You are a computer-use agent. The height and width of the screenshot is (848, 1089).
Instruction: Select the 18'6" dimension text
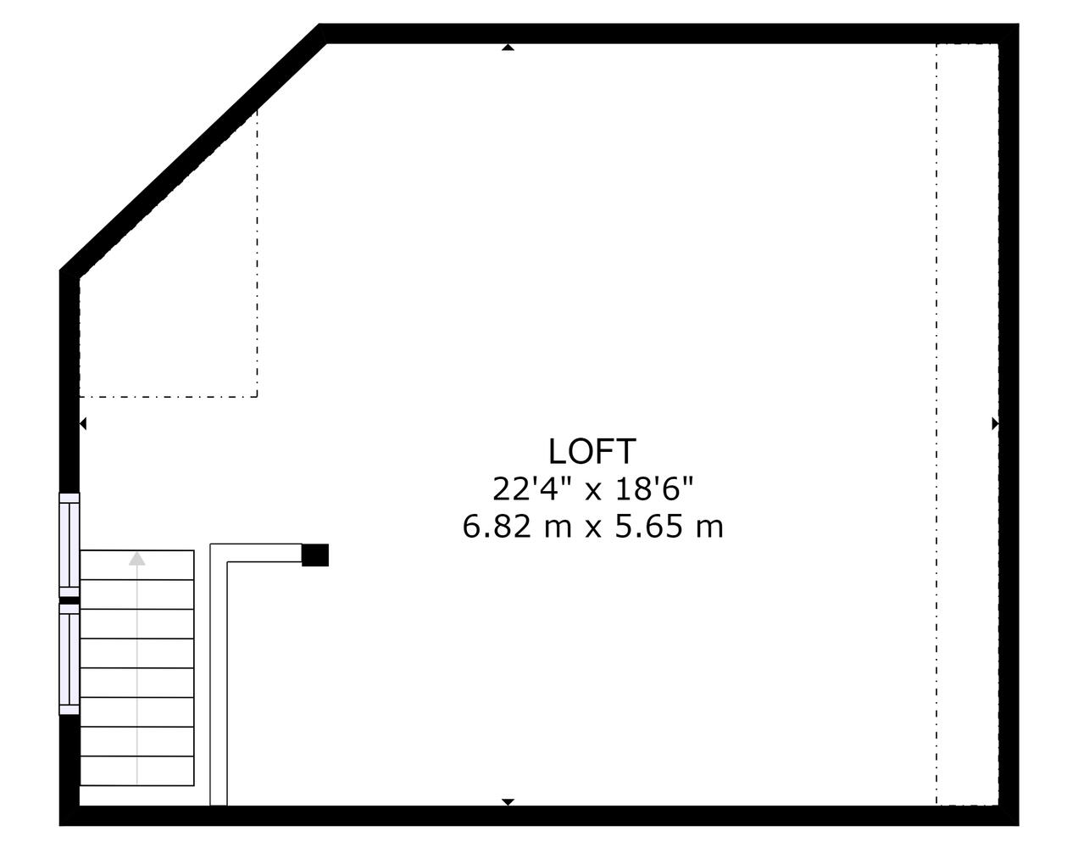click(654, 489)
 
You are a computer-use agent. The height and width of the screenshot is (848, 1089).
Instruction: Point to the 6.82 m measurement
click(517, 527)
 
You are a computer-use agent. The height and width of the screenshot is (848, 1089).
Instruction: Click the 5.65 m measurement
click(670, 527)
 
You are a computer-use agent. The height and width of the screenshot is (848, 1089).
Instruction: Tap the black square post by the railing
click(314, 555)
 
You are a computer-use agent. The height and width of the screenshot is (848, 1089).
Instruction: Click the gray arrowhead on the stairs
click(136, 559)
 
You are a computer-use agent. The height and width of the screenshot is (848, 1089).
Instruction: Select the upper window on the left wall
click(69, 545)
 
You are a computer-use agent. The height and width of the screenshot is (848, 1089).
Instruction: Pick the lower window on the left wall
click(69, 659)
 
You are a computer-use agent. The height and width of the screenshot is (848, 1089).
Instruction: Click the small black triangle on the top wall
click(508, 47)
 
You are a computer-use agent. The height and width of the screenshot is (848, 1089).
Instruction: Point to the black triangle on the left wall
click(83, 424)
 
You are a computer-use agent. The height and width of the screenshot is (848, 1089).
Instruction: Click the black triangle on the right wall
click(995, 424)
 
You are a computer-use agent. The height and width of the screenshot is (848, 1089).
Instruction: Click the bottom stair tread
click(136, 771)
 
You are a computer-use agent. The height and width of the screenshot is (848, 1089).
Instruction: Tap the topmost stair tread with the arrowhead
click(136, 565)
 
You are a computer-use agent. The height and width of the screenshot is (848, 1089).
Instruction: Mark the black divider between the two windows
click(69, 600)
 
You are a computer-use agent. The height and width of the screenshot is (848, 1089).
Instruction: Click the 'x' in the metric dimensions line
click(593, 529)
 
